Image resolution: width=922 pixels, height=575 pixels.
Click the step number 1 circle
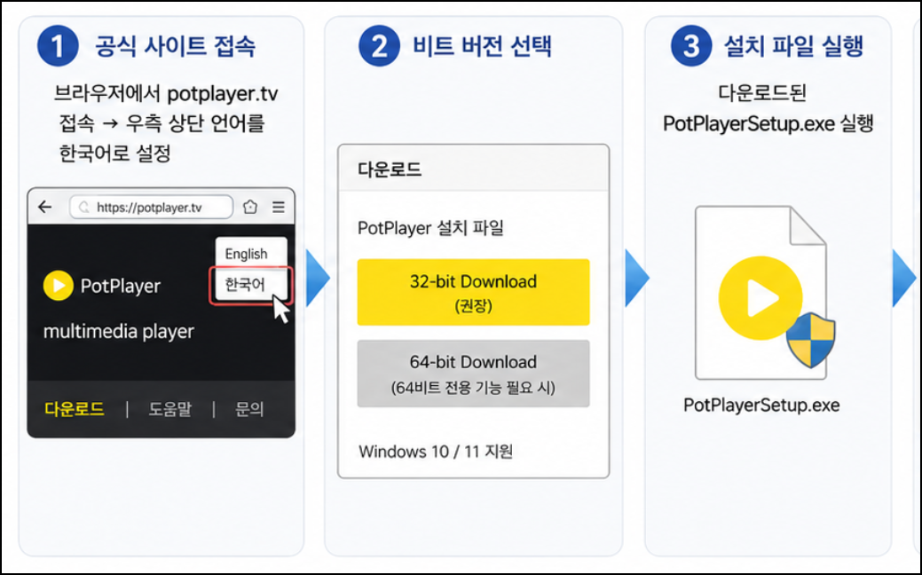pos(58,46)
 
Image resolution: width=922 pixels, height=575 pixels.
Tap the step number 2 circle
pos(379,46)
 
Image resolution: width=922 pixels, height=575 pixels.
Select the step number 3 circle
pos(691,46)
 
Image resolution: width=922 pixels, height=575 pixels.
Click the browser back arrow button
pos(44,207)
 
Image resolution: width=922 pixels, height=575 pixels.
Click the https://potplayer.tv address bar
pos(151,207)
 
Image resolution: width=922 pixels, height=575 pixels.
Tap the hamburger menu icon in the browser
pos(278,207)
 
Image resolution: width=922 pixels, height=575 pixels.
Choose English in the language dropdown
pos(247,254)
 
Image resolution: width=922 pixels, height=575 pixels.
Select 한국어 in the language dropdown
pos(245,285)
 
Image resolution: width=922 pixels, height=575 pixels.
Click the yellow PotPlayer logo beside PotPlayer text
pos(59,285)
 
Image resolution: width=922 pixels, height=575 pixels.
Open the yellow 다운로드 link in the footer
pos(75,408)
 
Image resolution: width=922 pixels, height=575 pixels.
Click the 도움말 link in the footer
pos(169,408)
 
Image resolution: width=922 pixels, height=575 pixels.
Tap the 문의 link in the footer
pos(249,408)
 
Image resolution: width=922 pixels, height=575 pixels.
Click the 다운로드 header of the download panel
pos(390,169)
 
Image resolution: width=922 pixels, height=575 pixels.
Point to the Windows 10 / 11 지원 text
pos(436,452)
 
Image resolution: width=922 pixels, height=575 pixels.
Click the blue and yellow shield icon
pos(811,340)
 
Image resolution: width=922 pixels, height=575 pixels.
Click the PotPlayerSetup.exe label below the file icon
pos(761,406)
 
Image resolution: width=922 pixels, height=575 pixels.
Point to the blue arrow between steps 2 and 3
pos(637,278)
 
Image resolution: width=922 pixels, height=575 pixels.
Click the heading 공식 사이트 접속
pos(175,46)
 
